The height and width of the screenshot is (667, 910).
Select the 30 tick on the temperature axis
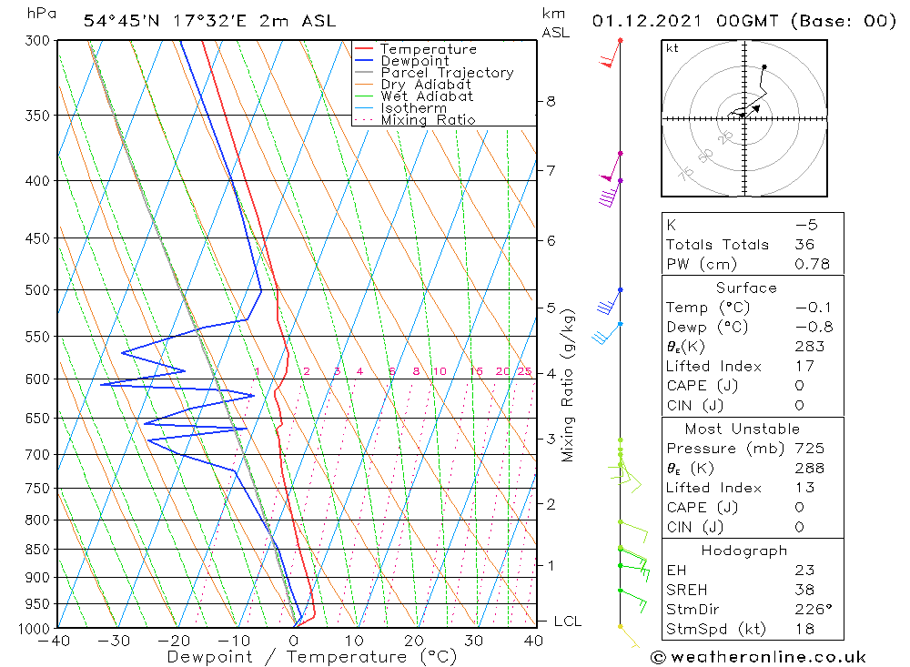[473, 641]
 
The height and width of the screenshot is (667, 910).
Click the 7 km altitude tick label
[551, 170]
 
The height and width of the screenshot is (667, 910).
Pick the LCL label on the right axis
[567, 622]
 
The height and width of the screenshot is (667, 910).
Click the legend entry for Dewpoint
[414, 61]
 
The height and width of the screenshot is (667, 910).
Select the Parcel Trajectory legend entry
[446, 73]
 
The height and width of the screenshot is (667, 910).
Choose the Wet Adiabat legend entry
[426, 96]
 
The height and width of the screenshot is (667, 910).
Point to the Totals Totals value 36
[804, 245]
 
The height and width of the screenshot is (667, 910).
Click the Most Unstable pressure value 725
[809, 449]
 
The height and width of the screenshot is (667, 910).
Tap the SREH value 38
[804, 590]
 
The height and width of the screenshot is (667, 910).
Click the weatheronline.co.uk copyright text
[758, 657]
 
